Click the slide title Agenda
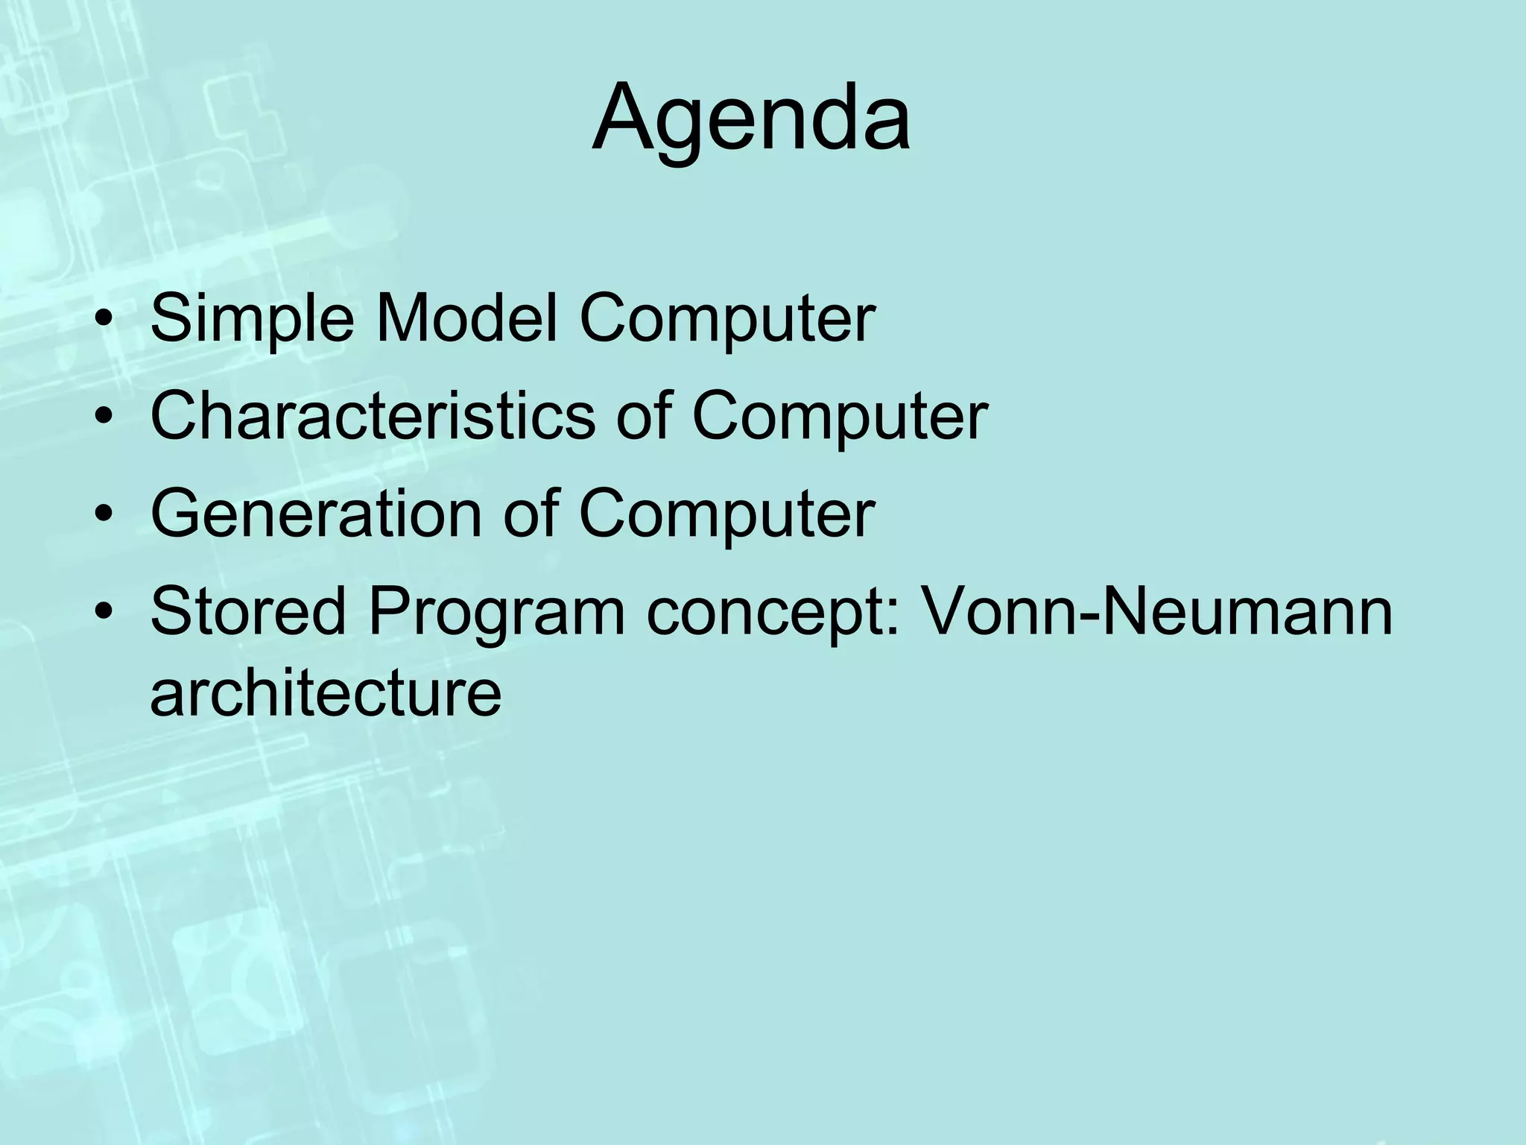point(751,119)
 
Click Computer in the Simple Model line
point(726,319)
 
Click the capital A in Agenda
point(624,119)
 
